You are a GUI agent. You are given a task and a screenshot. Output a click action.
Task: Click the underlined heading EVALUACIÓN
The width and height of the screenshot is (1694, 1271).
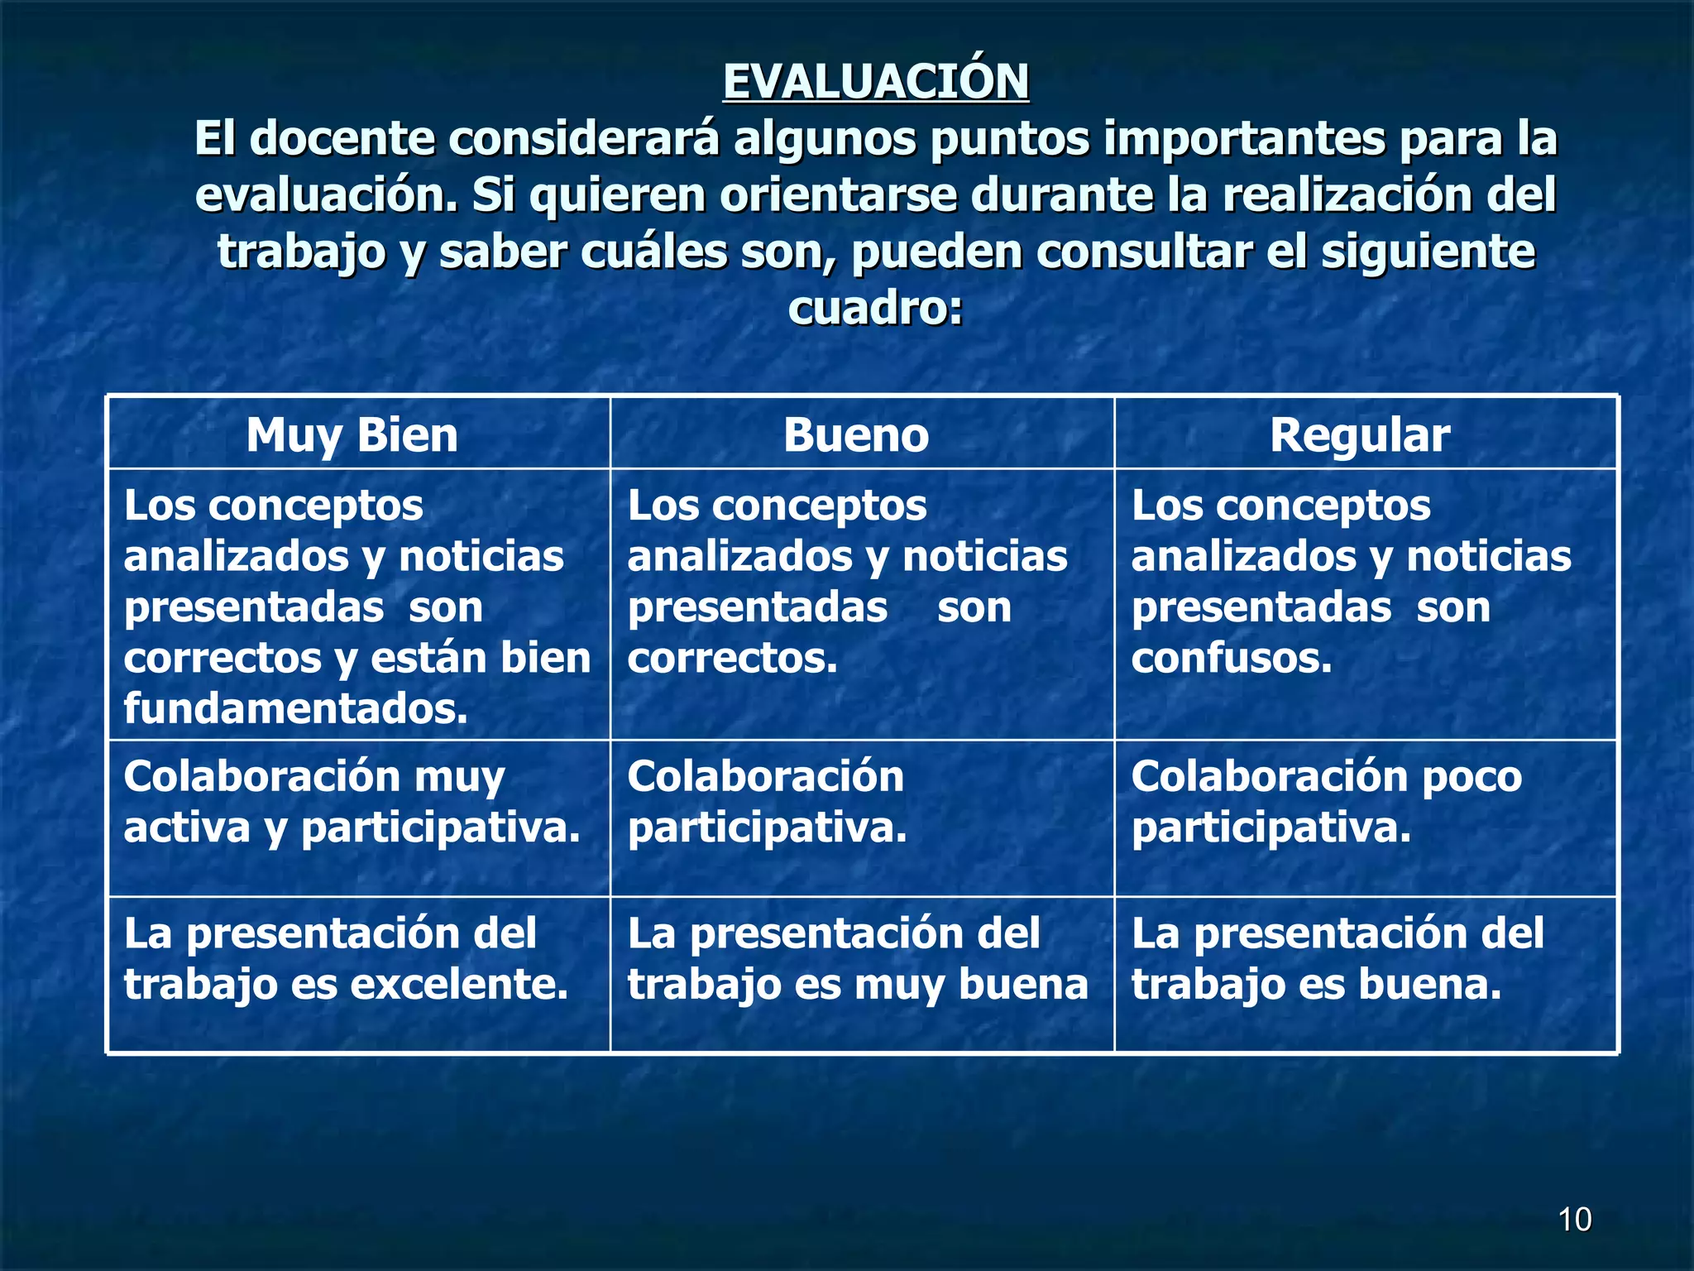click(876, 82)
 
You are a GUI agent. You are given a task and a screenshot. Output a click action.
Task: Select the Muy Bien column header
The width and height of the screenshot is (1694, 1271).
click(352, 435)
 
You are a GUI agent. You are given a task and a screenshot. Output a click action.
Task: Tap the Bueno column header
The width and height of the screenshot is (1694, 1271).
click(856, 435)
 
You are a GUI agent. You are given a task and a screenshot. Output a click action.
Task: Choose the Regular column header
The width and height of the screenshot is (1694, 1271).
click(1360, 435)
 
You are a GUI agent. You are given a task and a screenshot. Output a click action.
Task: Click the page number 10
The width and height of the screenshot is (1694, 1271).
click(1574, 1220)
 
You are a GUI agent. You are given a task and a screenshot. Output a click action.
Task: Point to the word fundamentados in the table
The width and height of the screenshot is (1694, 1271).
click(295, 709)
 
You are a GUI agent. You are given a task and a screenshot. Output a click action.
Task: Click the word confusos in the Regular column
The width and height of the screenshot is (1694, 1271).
click(1232, 659)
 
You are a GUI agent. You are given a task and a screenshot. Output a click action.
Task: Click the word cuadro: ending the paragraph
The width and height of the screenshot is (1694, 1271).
click(876, 308)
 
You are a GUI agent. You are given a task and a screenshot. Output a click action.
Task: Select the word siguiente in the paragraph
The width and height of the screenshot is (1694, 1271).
click(1428, 252)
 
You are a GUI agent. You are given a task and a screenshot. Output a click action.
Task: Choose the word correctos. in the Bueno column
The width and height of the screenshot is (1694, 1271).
click(732, 659)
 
